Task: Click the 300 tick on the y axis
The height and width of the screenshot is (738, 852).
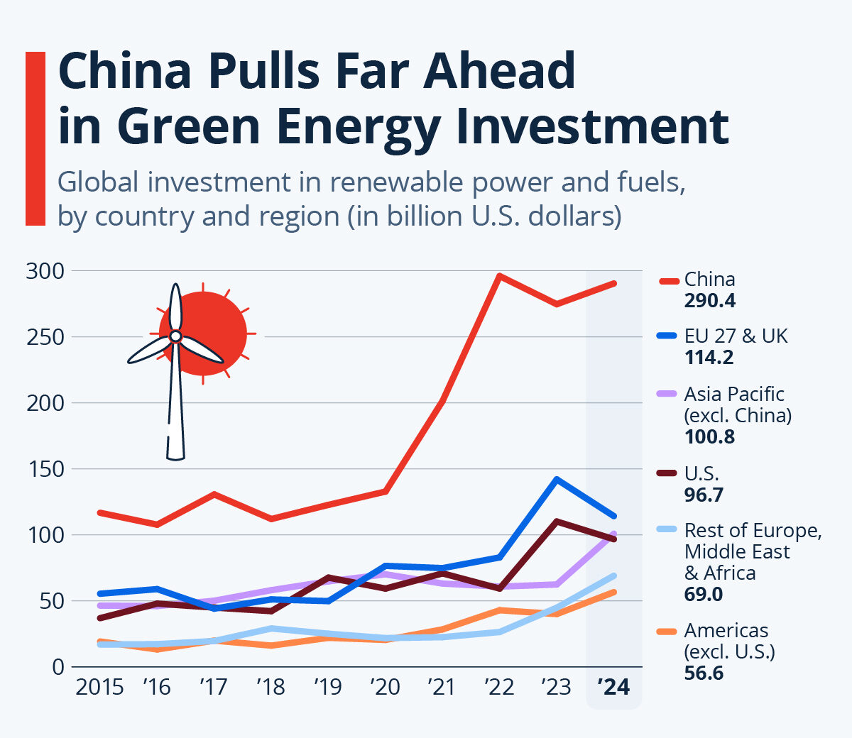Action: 45,271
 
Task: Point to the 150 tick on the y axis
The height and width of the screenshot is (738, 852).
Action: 45,469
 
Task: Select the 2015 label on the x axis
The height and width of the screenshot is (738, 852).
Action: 99,687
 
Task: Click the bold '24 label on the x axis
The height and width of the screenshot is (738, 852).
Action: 613,687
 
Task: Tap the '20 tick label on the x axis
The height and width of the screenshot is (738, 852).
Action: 385,687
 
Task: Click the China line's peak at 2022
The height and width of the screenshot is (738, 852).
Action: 500,276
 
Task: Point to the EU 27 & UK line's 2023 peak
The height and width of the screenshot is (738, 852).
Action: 557,480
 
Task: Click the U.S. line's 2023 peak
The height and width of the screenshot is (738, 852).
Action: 557,522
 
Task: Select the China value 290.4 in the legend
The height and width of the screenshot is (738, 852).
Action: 709,301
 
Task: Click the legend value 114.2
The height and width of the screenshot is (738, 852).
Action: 709,358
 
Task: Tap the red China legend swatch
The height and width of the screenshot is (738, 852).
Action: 667,281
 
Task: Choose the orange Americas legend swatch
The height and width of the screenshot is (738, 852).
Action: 667,631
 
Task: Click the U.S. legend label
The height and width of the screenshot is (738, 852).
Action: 701,474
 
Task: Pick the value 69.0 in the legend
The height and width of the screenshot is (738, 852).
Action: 703,594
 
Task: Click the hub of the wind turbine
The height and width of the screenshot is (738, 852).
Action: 175,336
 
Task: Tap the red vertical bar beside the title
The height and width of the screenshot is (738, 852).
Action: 35,138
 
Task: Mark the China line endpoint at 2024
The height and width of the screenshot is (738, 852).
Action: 613,284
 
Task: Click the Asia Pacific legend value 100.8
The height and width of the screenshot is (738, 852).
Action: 709,436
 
